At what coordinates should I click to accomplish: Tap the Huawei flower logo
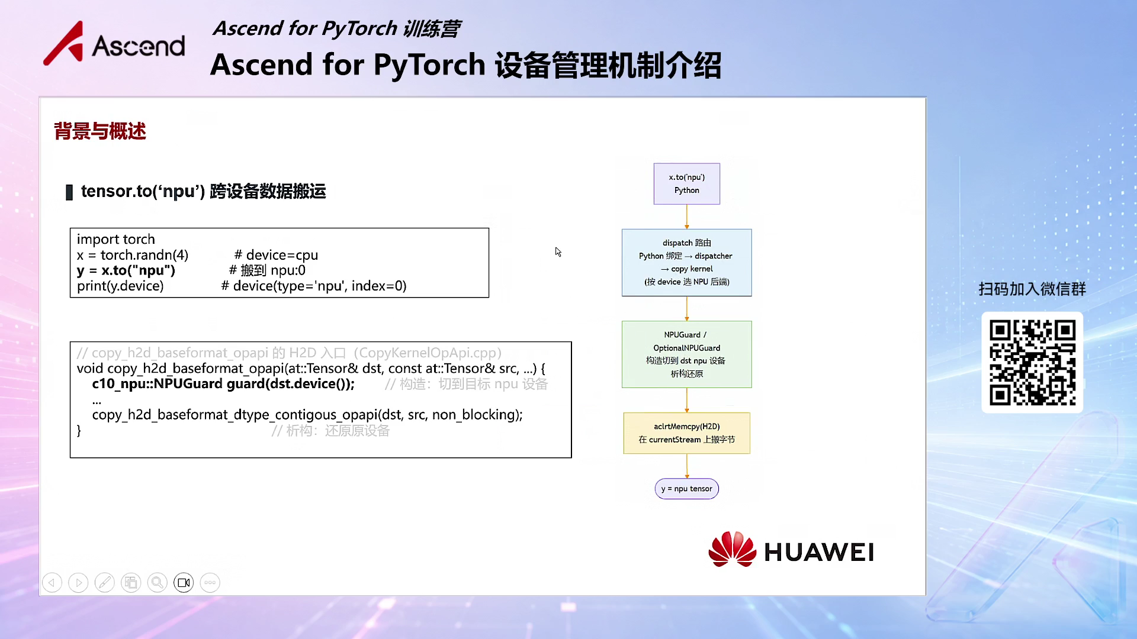[732, 549]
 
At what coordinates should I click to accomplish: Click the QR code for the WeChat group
[1032, 362]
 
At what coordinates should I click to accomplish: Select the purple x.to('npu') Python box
[687, 184]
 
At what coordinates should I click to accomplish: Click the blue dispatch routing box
[687, 263]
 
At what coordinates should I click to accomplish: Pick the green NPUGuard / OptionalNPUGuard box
[687, 354]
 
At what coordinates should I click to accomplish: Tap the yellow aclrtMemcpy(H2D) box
[687, 433]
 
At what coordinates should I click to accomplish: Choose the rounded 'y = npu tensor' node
[687, 489]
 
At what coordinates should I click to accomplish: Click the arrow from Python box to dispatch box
[687, 217]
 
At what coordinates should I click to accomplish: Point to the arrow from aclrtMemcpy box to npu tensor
[687, 466]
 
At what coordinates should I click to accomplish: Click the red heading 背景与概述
[100, 131]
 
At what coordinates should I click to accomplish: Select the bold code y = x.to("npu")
[126, 270]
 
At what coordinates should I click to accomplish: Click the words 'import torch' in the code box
[116, 239]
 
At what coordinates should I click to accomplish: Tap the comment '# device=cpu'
[276, 255]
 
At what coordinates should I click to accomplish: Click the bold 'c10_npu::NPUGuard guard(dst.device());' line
[223, 384]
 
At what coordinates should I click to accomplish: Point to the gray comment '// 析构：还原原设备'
[330, 431]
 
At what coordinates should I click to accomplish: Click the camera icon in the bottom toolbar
[184, 583]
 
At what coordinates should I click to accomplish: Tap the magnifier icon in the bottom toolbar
[157, 583]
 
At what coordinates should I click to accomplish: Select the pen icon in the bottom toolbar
[105, 583]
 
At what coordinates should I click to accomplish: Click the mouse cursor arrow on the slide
[558, 252]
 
